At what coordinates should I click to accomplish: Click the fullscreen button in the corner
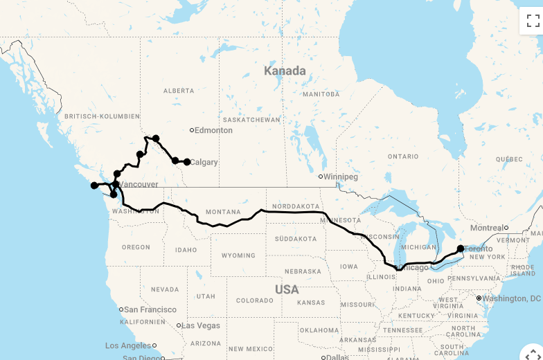point(533,20)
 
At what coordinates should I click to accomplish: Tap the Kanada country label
point(285,71)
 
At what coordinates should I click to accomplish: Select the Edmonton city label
point(213,130)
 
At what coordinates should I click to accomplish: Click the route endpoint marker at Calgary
point(187,162)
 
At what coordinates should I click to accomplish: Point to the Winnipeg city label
point(341,177)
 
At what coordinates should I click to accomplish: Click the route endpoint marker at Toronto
point(461,248)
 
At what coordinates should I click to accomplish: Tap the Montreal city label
point(487,228)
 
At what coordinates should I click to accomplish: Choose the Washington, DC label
point(512,298)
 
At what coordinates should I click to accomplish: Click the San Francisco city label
point(150,309)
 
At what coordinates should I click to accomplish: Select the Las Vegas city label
point(201,325)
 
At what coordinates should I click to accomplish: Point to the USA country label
point(287,289)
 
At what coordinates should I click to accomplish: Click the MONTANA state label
point(223,212)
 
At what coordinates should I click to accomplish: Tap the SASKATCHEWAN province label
point(252,120)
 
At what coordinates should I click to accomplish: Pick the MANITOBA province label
point(321,93)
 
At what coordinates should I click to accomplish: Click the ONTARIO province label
point(403,156)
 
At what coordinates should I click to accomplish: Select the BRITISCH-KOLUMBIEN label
point(102,116)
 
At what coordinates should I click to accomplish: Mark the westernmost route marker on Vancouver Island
point(94,186)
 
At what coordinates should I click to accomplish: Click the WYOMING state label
point(238,255)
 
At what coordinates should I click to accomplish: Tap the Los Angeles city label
point(127,345)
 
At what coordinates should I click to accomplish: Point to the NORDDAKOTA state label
point(296,206)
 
